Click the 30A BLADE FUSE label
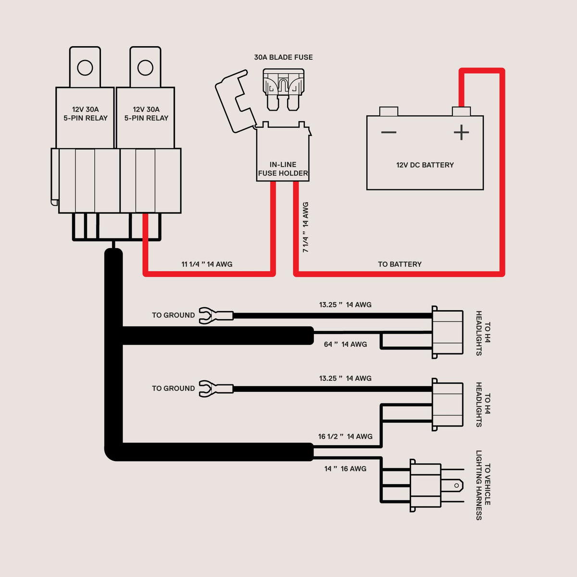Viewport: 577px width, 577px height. (x=283, y=57)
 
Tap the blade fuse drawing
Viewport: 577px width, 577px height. (x=283, y=89)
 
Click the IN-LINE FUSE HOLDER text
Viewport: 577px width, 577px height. (x=283, y=169)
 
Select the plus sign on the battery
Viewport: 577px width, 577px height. (x=461, y=132)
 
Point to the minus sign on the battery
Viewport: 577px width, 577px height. (x=389, y=132)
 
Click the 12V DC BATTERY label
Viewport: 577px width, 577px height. (x=425, y=165)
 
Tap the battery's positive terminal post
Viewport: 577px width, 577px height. (x=461, y=112)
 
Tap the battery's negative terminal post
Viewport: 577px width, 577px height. (x=389, y=112)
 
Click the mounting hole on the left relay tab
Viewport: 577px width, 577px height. (x=85, y=68)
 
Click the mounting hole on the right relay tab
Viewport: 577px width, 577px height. (x=145, y=68)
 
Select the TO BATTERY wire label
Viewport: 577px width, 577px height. (x=400, y=264)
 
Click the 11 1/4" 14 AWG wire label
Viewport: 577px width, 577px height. (x=207, y=264)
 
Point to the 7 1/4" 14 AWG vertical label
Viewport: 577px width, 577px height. (x=305, y=227)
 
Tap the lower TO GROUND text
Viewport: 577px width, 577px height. (x=174, y=389)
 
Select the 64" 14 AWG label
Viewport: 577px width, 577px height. (x=345, y=344)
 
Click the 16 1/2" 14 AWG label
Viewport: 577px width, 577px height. (x=345, y=437)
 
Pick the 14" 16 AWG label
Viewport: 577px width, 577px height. (x=345, y=469)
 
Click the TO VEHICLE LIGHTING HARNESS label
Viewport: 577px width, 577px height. (x=483, y=486)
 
